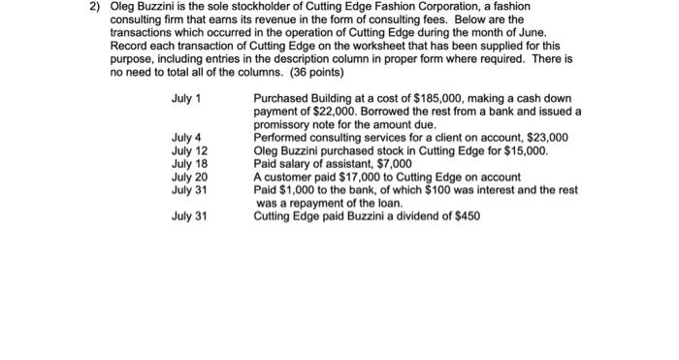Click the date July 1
[x=185, y=99]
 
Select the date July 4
[x=185, y=138]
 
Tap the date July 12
[x=189, y=150]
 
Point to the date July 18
[x=189, y=164]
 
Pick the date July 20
[x=189, y=177]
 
